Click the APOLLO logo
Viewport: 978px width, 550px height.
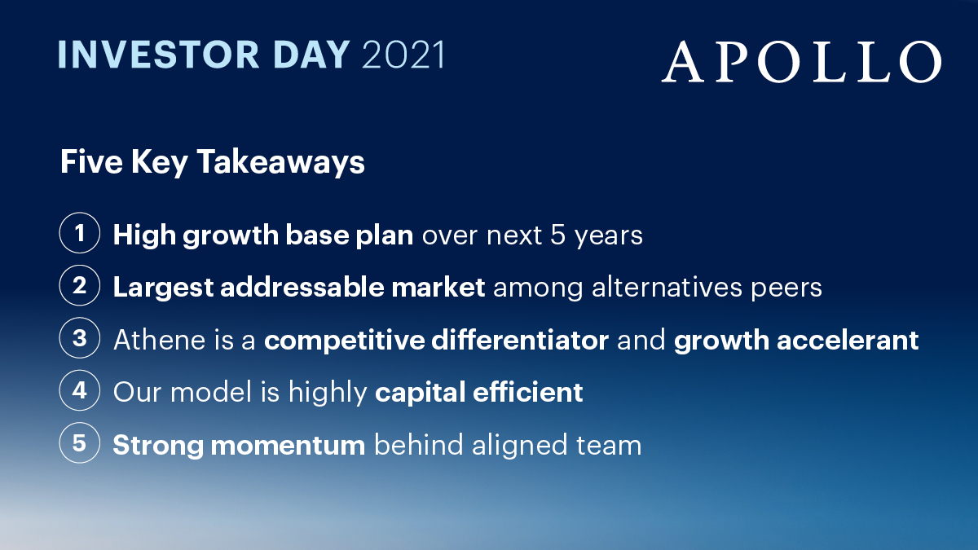tap(801, 63)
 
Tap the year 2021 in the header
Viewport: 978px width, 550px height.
tap(403, 55)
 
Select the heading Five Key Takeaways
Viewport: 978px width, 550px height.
tap(212, 162)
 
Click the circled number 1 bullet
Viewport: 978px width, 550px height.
tap(80, 235)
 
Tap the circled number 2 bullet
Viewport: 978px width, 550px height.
tap(80, 287)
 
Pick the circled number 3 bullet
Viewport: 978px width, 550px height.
tap(80, 339)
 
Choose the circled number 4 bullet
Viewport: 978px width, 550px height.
tap(80, 391)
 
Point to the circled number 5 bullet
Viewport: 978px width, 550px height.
tap(80, 444)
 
